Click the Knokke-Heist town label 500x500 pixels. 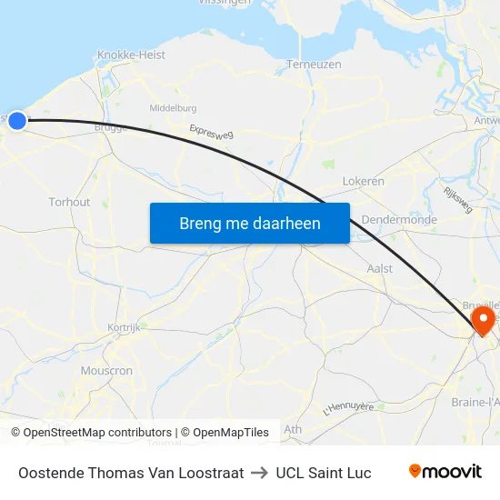click(131, 55)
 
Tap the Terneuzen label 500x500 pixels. click(314, 65)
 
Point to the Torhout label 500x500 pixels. click(69, 202)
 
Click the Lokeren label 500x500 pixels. click(363, 182)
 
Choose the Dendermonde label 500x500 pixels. click(399, 220)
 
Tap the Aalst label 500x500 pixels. click(379, 268)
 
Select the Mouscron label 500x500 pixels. click(106, 371)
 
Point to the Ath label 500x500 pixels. click(293, 429)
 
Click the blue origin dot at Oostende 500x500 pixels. click(16, 120)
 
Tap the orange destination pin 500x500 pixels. click(482, 319)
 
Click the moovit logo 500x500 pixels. click(445, 472)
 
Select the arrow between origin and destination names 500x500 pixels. click(260, 473)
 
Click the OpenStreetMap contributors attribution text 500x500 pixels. click(97, 433)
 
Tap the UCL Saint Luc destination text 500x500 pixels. click(324, 473)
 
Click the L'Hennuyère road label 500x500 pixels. click(348, 408)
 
